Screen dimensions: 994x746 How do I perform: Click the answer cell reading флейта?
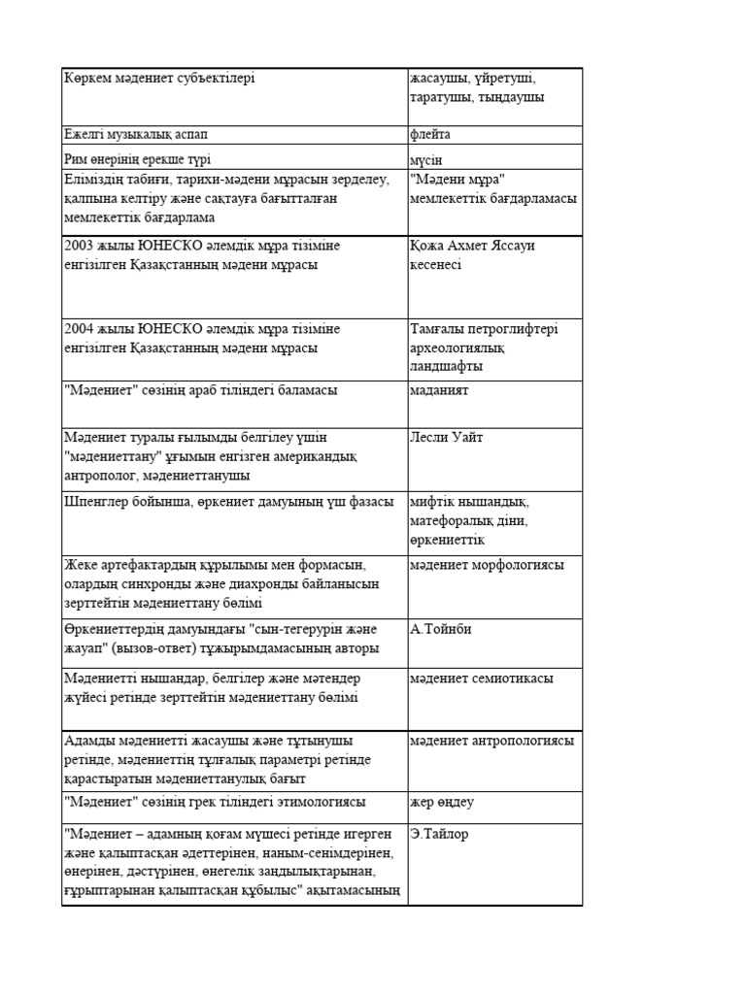(430, 135)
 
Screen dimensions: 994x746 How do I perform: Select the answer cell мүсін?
(426, 159)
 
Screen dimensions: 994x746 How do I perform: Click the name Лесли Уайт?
(447, 438)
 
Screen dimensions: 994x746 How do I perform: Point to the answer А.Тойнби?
(441, 629)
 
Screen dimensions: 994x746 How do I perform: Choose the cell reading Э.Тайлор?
(440, 834)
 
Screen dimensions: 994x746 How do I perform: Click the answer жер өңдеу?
(442, 803)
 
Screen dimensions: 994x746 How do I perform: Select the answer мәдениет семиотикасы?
(482, 679)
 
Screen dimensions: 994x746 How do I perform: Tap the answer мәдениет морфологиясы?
(487, 565)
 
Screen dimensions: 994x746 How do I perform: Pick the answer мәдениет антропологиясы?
(492, 741)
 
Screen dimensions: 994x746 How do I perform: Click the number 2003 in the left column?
(80, 246)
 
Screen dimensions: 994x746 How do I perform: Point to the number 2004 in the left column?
(80, 329)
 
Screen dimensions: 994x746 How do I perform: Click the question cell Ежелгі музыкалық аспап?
(135, 135)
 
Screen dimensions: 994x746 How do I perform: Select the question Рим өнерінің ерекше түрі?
(137, 159)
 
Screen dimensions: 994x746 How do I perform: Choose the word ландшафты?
(447, 367)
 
